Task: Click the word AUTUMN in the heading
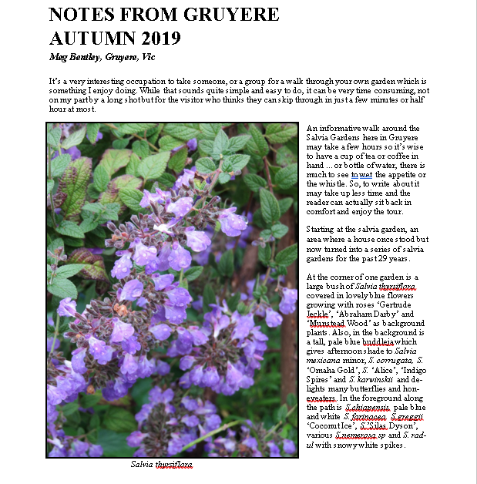point(87,39)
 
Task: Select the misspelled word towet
point(361,175)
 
